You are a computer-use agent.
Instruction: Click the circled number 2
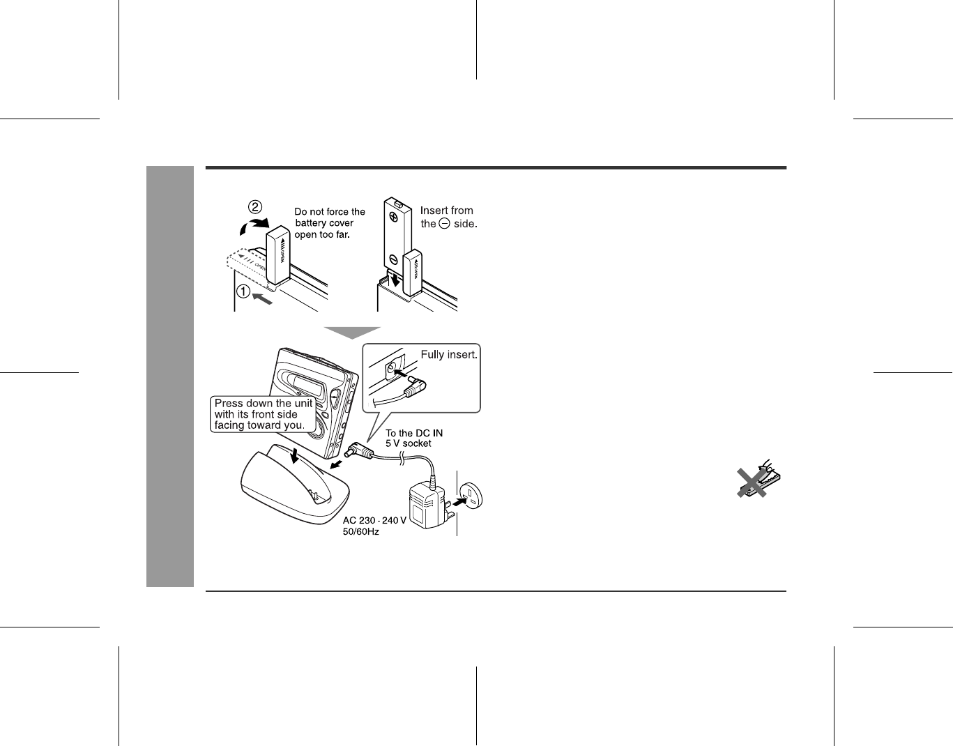256,207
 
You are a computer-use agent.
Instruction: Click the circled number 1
242,292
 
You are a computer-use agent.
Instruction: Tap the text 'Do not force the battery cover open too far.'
329,223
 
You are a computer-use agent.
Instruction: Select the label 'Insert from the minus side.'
448,217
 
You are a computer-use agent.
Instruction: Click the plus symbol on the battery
393,217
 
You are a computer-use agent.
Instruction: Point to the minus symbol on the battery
393,259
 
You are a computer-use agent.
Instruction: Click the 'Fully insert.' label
448,355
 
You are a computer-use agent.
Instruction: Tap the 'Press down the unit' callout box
263,414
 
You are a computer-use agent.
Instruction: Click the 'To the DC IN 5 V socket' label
414,438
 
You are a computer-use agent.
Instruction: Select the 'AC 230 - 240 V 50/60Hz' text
374,526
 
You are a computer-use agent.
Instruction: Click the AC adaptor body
425,508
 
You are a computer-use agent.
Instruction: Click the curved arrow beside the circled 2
248,226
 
